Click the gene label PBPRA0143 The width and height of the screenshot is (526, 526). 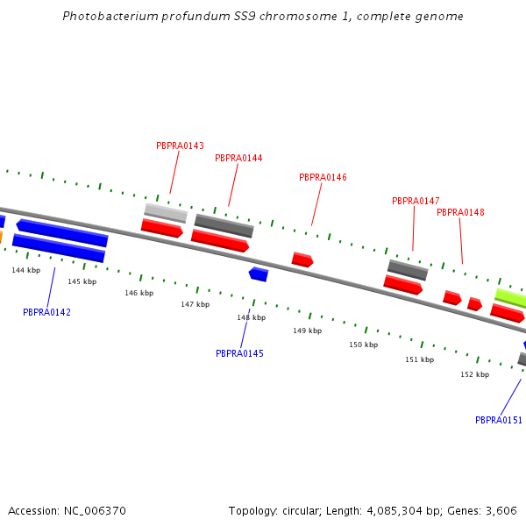tap(180, 146)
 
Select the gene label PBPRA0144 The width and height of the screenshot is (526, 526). tap(238, 158)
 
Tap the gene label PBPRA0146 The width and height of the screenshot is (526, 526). tap(323, 177)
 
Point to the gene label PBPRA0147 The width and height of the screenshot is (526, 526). tap(416, 201)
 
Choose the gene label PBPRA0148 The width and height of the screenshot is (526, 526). tap(460, 212)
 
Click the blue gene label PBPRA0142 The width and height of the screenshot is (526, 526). tap(46, 312)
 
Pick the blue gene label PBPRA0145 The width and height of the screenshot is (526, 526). tap(239, 353)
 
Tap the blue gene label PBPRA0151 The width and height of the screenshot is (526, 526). tap(499, 420)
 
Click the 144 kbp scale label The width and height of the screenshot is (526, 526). tap(25, 270)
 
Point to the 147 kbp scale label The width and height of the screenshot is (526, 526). tap(195, 304)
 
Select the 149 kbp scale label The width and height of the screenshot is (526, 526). tap(307, 331)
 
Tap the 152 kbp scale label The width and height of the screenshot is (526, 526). tap(474, 374)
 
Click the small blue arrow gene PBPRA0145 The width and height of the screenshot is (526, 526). tap(259, 274)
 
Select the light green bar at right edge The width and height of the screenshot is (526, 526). tap(510, 298)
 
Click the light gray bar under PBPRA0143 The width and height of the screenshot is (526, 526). tap(166, 212)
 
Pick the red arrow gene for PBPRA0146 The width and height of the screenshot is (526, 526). tap(302, 259)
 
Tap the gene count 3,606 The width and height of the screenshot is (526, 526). tap(502, 510)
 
